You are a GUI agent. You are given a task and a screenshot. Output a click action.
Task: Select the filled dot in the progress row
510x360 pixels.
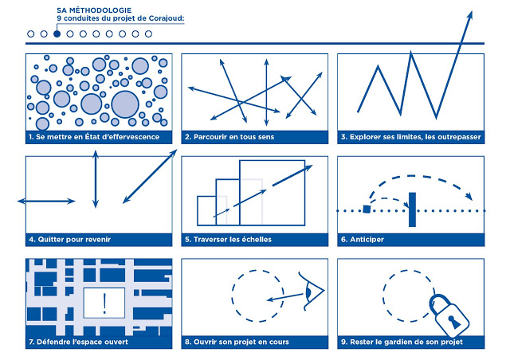coord(57,34)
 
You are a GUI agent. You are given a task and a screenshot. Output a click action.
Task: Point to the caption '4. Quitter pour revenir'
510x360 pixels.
coord(70,239)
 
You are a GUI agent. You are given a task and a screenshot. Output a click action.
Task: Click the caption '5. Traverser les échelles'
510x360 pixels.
coord(228,239)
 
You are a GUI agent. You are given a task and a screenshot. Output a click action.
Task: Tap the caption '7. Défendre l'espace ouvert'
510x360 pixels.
coord(78,342)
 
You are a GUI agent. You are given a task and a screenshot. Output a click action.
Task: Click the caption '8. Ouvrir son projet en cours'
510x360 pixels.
coord(237,342)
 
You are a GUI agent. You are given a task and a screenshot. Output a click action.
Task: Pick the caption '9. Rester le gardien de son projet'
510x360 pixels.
coord(402,342)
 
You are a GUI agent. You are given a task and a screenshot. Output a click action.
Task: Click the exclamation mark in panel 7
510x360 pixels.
coord(105,303)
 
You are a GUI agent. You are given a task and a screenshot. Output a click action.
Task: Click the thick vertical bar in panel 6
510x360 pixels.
coord(412,209)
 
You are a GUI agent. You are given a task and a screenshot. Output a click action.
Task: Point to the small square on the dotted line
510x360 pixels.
coord(366,210)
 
